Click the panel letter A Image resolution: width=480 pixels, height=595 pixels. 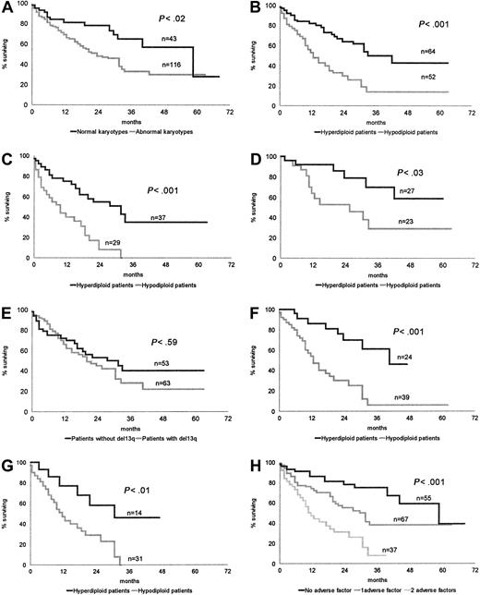[x=6, y=6]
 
